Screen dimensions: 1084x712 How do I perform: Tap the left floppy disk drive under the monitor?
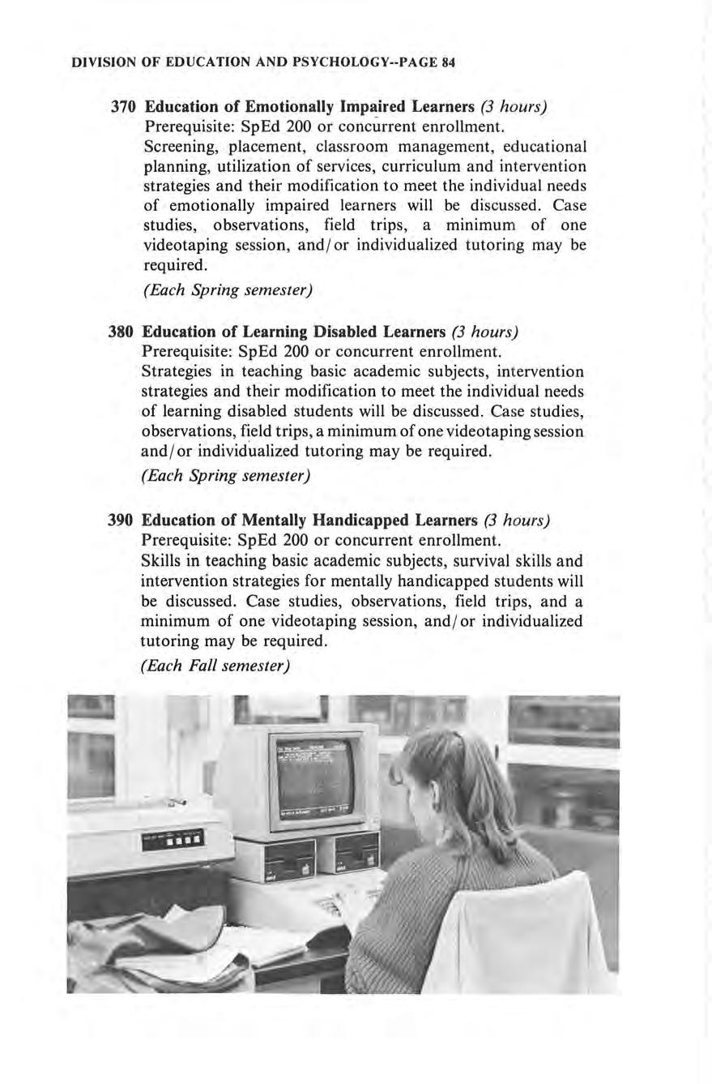pos(289,858)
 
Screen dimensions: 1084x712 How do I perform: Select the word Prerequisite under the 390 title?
pos(182,540)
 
